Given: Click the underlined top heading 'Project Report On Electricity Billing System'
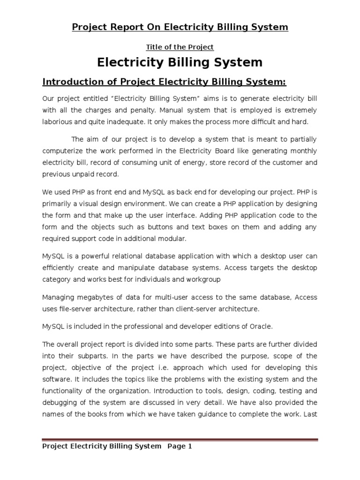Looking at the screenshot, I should coord(180,27).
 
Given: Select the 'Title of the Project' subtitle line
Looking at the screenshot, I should coord(180,47).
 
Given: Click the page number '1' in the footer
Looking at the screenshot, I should coord(190,447).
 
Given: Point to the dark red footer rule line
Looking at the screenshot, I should coord(180,440).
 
